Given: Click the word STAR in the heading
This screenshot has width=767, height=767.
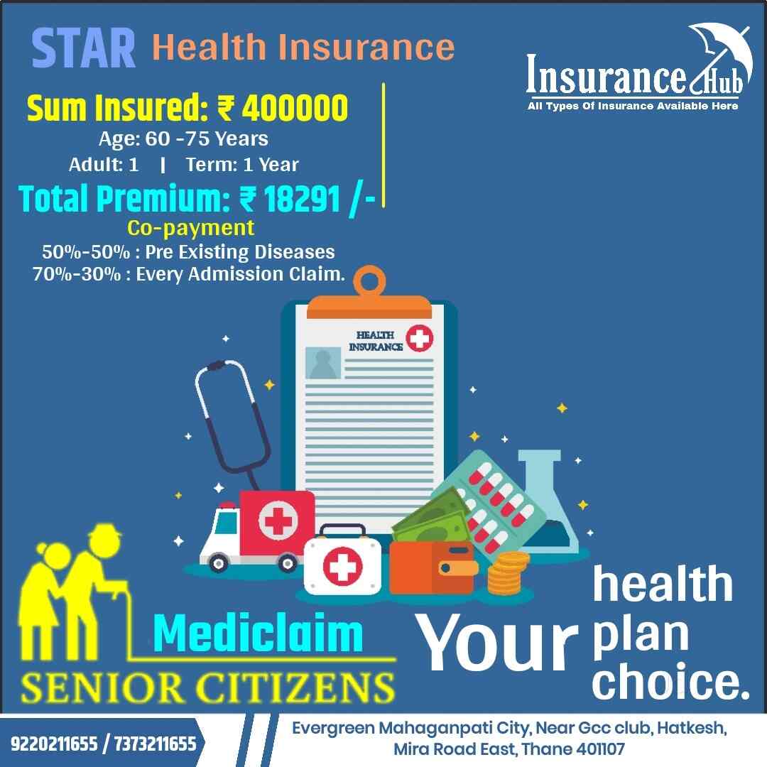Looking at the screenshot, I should (84, 48).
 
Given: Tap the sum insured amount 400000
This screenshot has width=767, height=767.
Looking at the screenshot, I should (295, 108).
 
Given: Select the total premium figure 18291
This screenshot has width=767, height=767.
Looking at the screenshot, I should (301, 199).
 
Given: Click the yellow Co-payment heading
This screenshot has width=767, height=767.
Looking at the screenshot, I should (190, 227).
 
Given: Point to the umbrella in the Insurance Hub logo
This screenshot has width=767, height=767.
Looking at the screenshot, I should (713, 50).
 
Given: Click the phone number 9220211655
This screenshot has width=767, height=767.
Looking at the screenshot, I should (53, 744).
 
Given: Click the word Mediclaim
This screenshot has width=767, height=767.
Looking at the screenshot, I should (258, 634).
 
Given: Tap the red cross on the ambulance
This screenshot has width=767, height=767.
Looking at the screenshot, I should (273, 523).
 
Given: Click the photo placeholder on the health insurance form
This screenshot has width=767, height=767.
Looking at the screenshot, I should (323, 362).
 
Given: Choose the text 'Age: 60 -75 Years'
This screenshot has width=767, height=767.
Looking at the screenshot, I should (183, 138).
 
